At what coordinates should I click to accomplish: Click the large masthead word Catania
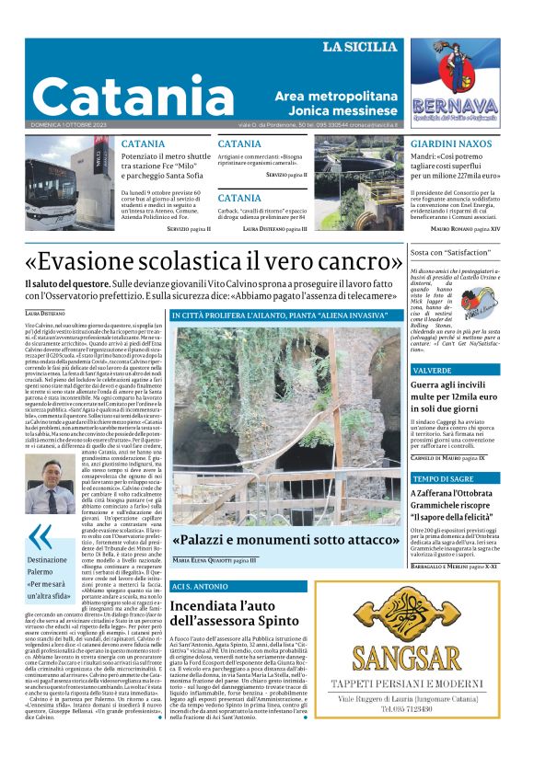(x=123, y=96)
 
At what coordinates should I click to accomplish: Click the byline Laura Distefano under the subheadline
(x=45, y=315)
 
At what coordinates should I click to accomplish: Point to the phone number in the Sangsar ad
(x=420, y=709)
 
